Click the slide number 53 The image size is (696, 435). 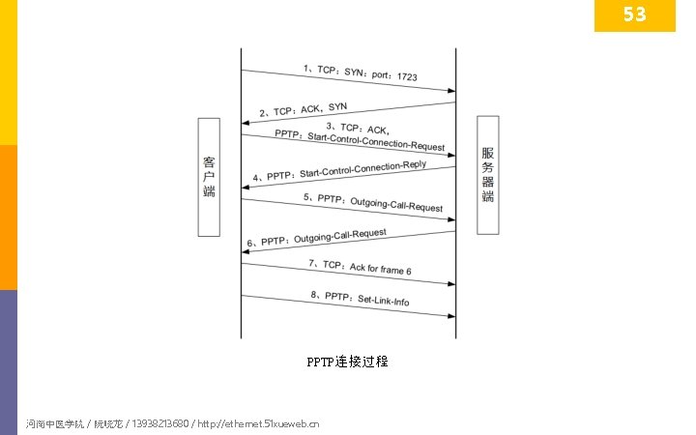tap(634, 14)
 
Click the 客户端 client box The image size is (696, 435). tap(210, 176)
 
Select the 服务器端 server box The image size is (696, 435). tap(488, 175)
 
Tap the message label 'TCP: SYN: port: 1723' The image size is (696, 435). tap(361, 72)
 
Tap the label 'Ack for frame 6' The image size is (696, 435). tap(380, 267)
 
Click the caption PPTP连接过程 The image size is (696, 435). tap(347, 362)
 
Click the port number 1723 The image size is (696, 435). tap(407, 75)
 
